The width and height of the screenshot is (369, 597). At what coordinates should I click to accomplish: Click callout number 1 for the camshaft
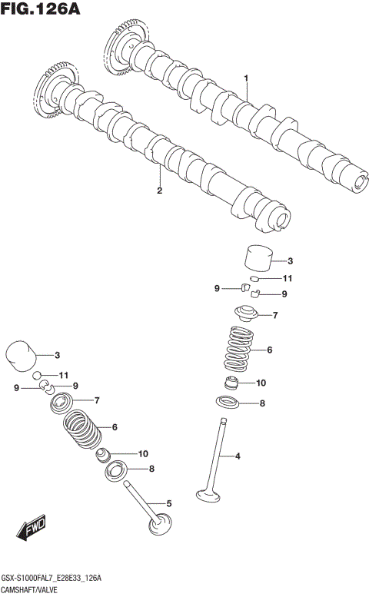pos(246,78)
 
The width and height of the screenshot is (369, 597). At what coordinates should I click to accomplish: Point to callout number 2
pos(159,191)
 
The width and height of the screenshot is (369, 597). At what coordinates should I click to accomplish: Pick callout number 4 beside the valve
pos(238,456)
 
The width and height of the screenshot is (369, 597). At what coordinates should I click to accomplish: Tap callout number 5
pos(168,503)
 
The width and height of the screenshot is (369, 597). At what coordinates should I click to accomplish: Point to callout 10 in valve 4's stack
pos(260,383)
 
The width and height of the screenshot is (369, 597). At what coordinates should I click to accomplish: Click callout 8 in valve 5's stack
pos(151,469)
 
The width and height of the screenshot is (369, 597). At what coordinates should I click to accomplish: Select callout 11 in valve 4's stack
pos(288,278)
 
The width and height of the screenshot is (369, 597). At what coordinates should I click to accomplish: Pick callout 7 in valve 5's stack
pos(97,400)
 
